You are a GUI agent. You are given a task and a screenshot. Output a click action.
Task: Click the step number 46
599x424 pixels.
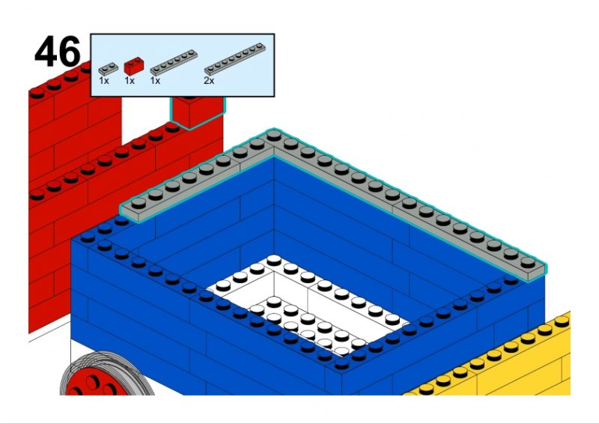click(x=58, y=52)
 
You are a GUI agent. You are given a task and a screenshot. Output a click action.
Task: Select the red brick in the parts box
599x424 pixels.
click(x=134, y=66)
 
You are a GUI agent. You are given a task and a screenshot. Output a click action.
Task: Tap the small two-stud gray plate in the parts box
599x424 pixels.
click(x=109, y=69)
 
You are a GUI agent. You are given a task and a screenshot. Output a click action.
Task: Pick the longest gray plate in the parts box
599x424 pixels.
click(x=234, y=58)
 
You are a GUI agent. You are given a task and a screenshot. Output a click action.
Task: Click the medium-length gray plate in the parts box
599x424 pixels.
click(x=174, y=62)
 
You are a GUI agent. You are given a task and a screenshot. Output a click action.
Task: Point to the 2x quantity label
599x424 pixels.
click(x=209, y=81)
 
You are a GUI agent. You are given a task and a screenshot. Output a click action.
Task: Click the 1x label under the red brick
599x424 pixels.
click(x=130, y=81)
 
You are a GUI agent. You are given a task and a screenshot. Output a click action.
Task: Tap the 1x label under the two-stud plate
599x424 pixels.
click(x=104, y=81)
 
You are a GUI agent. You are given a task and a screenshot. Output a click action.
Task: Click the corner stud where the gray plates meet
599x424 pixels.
click(x=274, y=135)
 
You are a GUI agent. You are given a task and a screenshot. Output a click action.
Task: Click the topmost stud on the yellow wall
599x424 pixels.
click(x=562, y=321)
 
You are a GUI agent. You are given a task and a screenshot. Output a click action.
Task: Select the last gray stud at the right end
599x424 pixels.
click(x=528, y=262)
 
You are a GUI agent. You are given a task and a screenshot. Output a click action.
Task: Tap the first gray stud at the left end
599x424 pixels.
click(x=139, y=202)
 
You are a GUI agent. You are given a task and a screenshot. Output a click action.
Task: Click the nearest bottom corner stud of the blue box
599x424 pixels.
click(x=341, y=364)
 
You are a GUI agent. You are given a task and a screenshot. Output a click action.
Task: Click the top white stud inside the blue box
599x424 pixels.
click(x=274, y=261)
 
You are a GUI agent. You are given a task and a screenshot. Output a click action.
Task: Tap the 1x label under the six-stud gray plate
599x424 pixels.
click(x=155, y=81)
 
